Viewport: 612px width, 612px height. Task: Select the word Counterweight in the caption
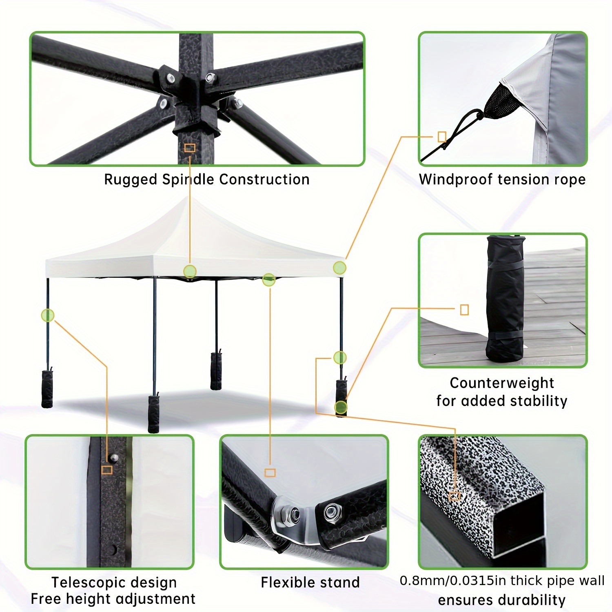click(x=502, y=383)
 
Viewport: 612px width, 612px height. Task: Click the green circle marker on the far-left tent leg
click(x=48, y=315)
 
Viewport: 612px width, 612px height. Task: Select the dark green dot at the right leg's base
click(x=341, y=407)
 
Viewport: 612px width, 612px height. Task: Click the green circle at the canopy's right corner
click(x=339, y=268)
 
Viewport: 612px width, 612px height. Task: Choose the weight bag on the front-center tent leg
click(x=153, y=413)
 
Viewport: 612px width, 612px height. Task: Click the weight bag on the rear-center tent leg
click(x=216, y=371)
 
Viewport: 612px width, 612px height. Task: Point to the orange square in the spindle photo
click(x=190, y=148)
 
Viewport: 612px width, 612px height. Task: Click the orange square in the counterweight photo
click(x=464, y=310)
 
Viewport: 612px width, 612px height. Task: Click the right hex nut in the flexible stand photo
click(x=329, y=510)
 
